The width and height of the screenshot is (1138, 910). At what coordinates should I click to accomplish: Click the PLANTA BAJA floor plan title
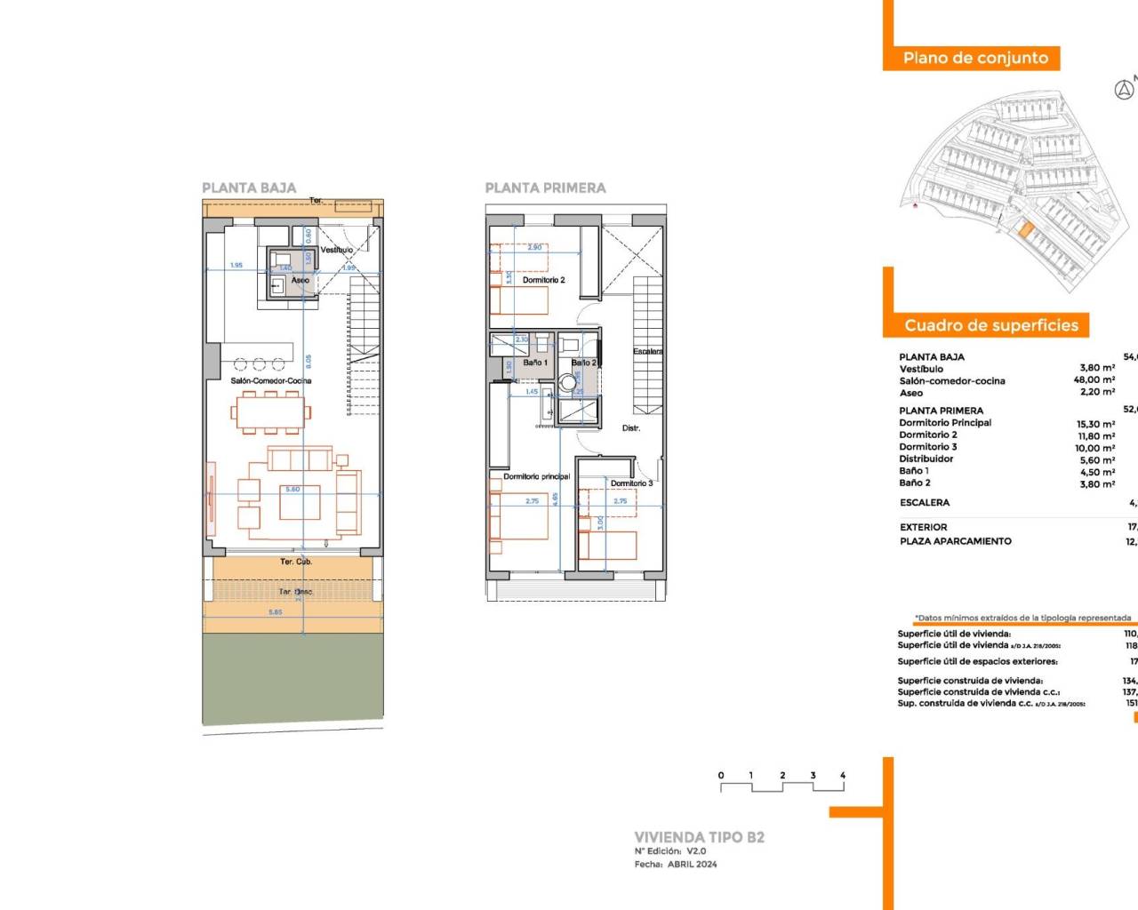pos(249,188)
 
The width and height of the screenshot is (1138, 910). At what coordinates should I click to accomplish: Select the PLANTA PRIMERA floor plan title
pos(545,188)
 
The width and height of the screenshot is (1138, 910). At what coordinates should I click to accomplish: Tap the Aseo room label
pos(301,280)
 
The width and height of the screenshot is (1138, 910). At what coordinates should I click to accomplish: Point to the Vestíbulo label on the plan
pos(337,250)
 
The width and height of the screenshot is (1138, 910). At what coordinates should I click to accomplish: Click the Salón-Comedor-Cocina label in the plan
pos(271,380)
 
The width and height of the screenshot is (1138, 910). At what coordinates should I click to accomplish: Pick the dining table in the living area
pos(271,412)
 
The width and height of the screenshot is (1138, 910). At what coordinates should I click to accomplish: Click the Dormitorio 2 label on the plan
pos(543,280)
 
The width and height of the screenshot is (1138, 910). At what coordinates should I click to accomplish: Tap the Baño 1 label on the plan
pos(535,363)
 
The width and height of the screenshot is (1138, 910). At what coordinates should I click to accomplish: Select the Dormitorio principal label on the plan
pos(537,476)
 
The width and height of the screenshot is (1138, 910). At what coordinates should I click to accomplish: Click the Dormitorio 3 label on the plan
pos(631,483)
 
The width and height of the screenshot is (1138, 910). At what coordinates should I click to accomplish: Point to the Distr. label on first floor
pos(631,428)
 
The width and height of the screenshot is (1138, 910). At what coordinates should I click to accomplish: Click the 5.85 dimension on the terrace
pos(276,612)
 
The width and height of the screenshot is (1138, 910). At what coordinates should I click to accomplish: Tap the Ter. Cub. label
pos(296,562)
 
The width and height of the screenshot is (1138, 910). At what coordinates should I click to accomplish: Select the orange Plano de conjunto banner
pos(975,58)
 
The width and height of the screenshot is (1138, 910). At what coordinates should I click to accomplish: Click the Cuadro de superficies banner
pos(990,325)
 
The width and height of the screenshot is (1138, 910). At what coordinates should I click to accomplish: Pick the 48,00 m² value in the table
pos(1094,379)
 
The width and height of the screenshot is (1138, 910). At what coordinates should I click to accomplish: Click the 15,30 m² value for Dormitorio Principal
pos(1095,424)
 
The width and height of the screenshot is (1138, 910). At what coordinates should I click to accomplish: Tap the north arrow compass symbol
pos(1124,90)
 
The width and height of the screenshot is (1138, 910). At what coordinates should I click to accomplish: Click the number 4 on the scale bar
pos(843,775)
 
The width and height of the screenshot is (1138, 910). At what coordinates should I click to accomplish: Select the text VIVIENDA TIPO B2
pos(699,837)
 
